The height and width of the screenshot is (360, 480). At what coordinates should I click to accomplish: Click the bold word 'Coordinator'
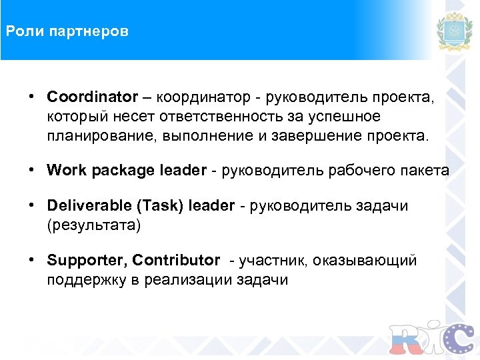91,97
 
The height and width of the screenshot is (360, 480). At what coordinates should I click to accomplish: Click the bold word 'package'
125,171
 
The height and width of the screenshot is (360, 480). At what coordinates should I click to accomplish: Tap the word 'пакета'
427,171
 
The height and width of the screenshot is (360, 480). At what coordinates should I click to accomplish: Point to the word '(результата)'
94,225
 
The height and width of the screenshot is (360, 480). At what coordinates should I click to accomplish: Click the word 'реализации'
188,279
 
